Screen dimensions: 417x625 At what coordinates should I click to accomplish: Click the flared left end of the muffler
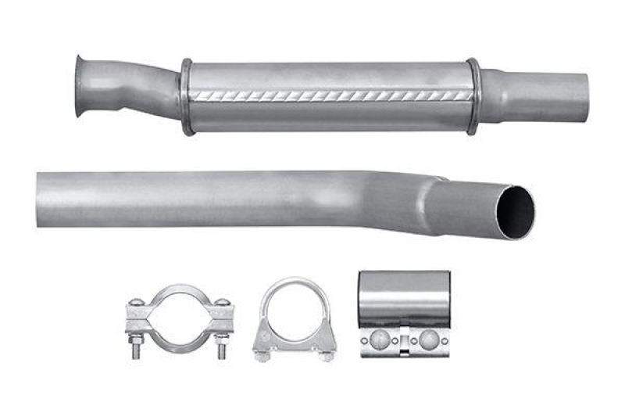tap(81, 86)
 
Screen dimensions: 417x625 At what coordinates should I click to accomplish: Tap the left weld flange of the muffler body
tap(186, 97)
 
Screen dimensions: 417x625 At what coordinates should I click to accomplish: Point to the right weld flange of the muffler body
tap(473, 95)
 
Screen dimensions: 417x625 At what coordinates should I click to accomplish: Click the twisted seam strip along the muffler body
tap(328, 95)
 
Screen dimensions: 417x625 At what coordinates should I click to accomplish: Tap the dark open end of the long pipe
tap(516, 211)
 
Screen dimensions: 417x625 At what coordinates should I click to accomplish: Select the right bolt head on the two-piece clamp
tap(222, 303)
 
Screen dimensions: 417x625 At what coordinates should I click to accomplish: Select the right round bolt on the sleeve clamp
tap(428, 339)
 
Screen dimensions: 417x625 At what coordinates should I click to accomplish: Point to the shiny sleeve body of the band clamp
tap(404, 297)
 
